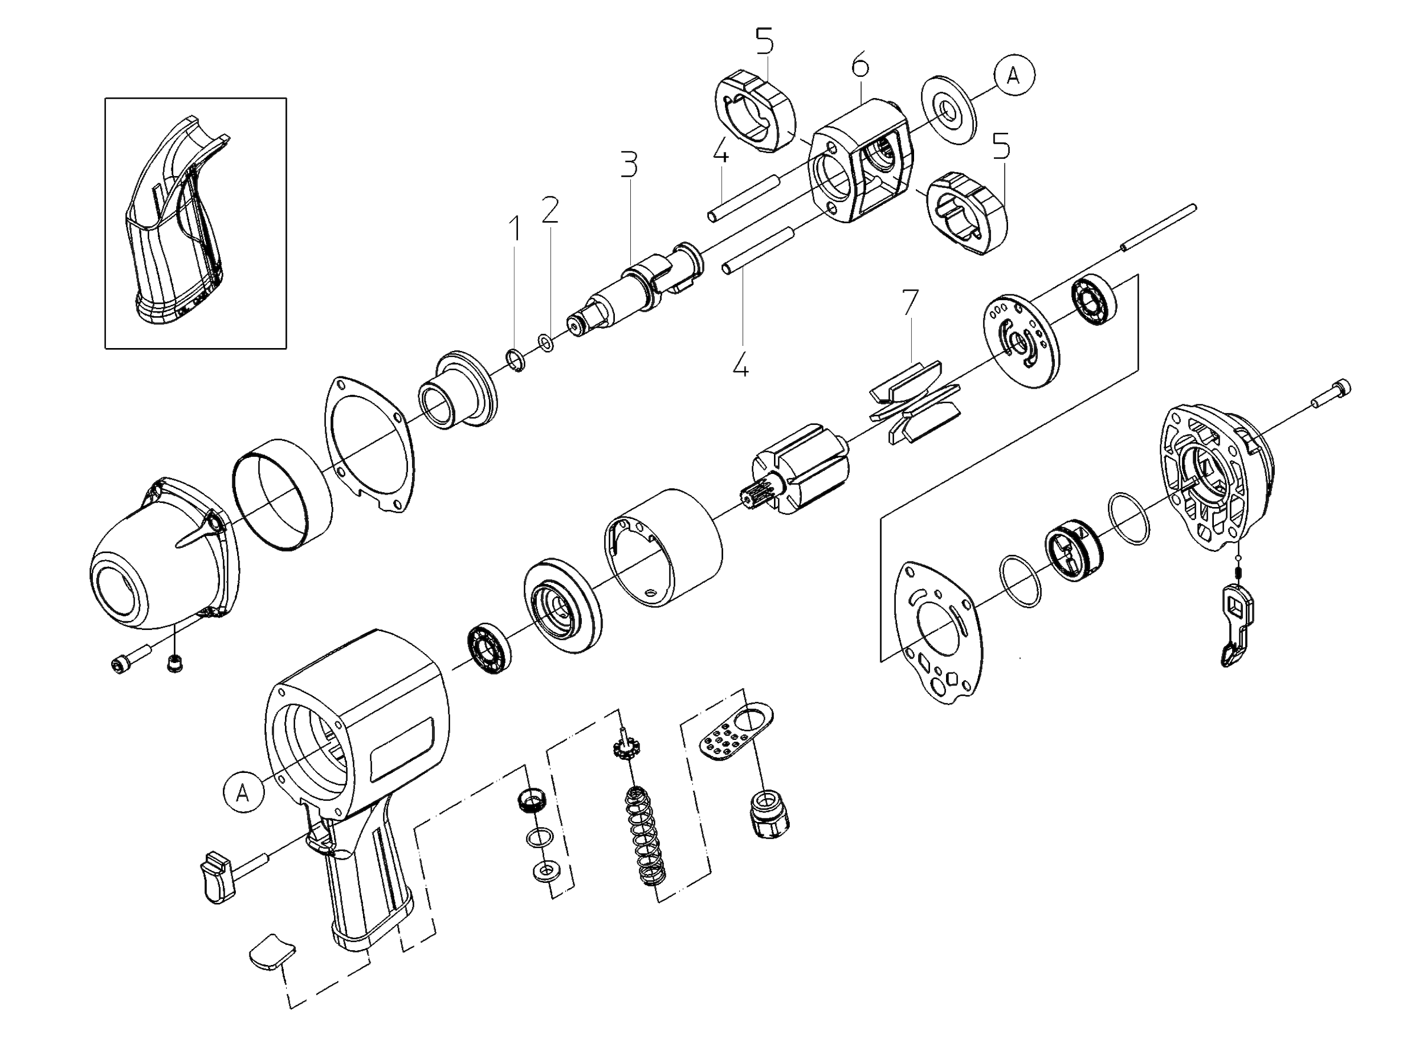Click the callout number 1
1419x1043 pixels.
pos(516,229)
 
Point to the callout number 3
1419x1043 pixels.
pos(628,164)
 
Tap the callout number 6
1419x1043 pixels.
pos(860,66)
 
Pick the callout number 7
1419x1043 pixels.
pos(910,303)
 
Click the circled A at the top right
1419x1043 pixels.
pos(1013,76)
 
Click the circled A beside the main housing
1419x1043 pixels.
pos(243,792)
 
